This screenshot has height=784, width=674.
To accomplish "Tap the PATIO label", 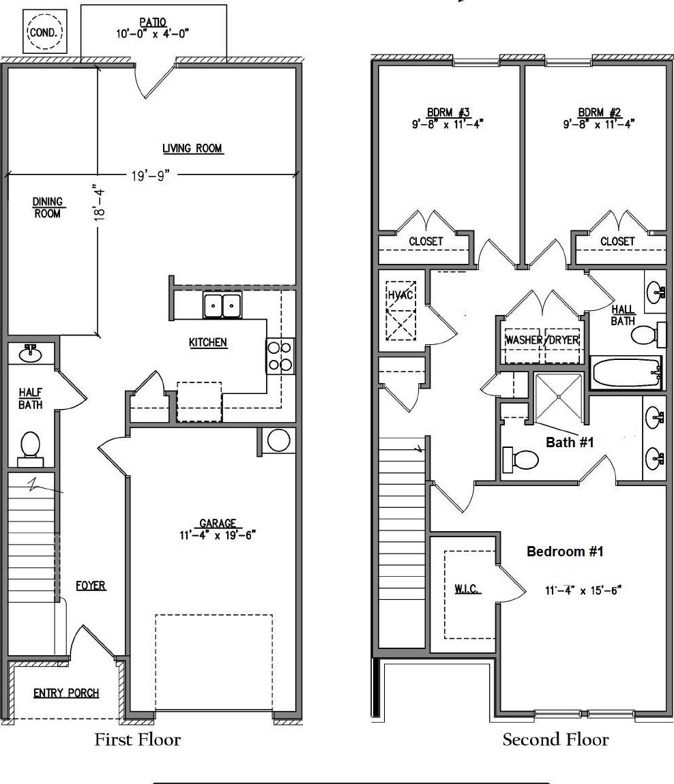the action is [x=153, y=22].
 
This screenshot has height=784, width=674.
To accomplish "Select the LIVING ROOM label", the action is [x=192, y=149].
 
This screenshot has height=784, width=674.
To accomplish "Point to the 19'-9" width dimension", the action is [x=151, y=175].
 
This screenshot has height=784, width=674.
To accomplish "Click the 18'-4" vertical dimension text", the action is [x=100, y=204].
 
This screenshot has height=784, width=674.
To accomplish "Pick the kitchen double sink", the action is [x=222, y=305].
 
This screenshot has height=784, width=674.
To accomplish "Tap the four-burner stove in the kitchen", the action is [x=280, y=356].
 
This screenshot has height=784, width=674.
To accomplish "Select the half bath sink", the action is [x=31, y=354].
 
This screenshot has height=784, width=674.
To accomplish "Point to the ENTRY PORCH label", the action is [x=66, y=693].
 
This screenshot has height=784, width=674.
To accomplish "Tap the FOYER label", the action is [x=91, y=586].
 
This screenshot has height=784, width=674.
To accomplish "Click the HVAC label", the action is [x=400, y=295].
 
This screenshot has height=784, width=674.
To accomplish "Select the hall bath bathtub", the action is [x=627, y=372].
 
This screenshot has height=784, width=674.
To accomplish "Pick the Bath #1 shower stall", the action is [x=559, y=397].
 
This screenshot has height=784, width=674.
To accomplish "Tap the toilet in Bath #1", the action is [x=521, y=459].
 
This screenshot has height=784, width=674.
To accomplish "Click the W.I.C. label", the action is [x=467, y=590].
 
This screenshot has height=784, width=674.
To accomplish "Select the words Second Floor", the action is [x=555, y=739].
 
